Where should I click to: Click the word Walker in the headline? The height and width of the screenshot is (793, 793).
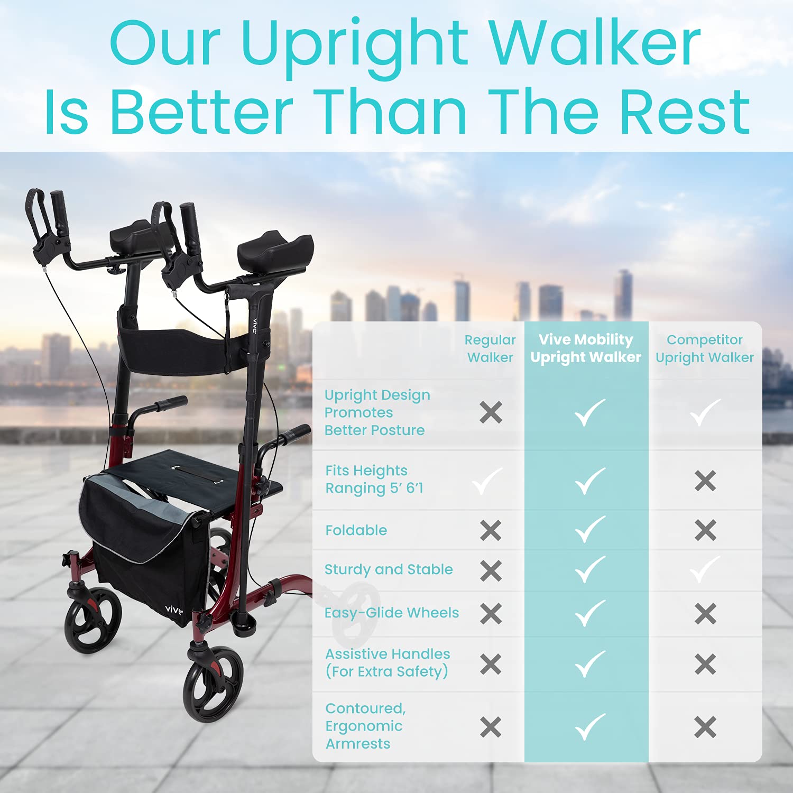coord(595,44)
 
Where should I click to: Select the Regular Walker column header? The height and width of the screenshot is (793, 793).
coord(490,348)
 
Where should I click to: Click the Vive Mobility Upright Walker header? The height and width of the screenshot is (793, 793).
coord(586,348)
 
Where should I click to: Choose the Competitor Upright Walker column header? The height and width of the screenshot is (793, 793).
coord(705,348)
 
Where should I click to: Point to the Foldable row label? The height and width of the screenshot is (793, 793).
coord(356,530)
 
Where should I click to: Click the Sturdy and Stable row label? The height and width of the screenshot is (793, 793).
coord(389,569)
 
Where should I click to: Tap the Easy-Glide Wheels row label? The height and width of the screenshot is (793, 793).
coord(391,613)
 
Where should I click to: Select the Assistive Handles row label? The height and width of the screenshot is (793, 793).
coord(388,662)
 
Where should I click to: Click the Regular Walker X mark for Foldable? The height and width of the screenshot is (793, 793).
coord(491,530)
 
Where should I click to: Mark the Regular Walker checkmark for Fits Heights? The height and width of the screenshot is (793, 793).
coord(487,481)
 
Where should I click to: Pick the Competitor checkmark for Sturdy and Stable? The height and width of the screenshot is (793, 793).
coord(705,569)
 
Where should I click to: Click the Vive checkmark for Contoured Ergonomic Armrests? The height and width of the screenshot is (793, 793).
coord(589,727)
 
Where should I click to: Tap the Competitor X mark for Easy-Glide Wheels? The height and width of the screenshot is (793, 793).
coord(705,614)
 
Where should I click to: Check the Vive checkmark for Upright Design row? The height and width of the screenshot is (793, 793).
coord(589,412)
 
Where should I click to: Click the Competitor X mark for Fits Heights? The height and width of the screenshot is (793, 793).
coord(705,481)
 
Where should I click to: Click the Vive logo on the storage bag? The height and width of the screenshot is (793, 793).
coord(173,610)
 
